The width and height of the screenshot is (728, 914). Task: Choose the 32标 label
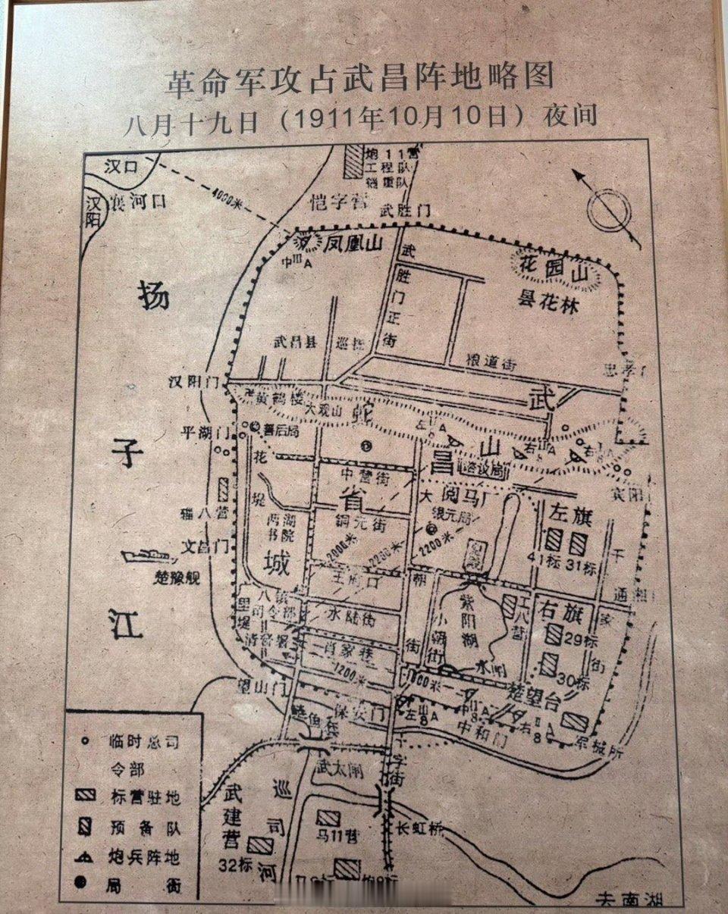pos(234,865)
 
